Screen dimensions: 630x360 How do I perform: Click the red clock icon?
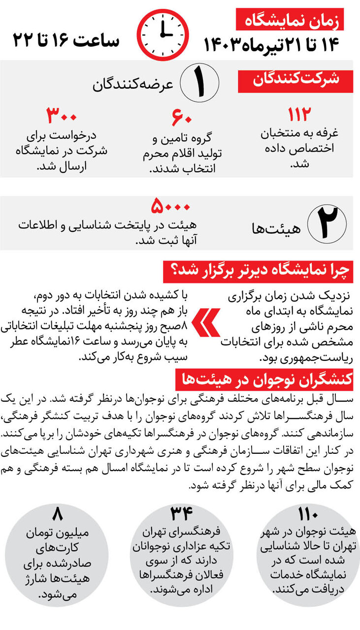(162, 35)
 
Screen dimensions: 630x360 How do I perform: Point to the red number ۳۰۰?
(62, 117)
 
